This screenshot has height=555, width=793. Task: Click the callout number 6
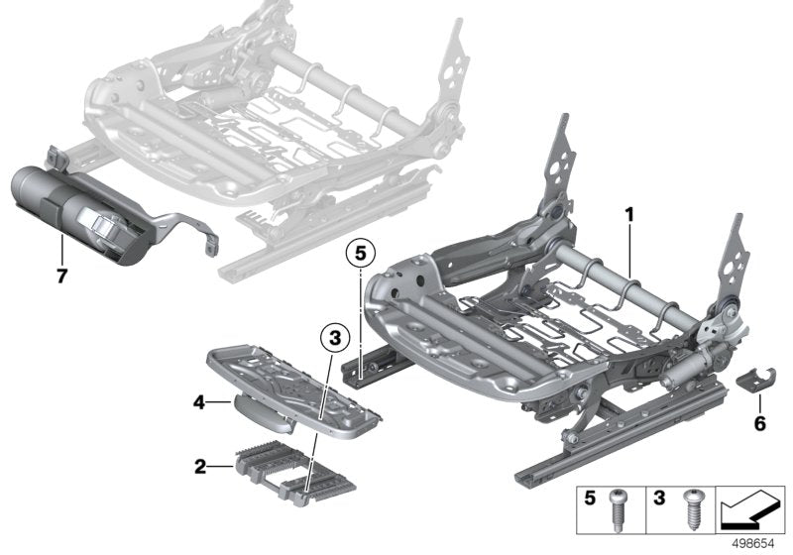tap(760, 423)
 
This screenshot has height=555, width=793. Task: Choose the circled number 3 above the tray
tap(335, 339)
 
